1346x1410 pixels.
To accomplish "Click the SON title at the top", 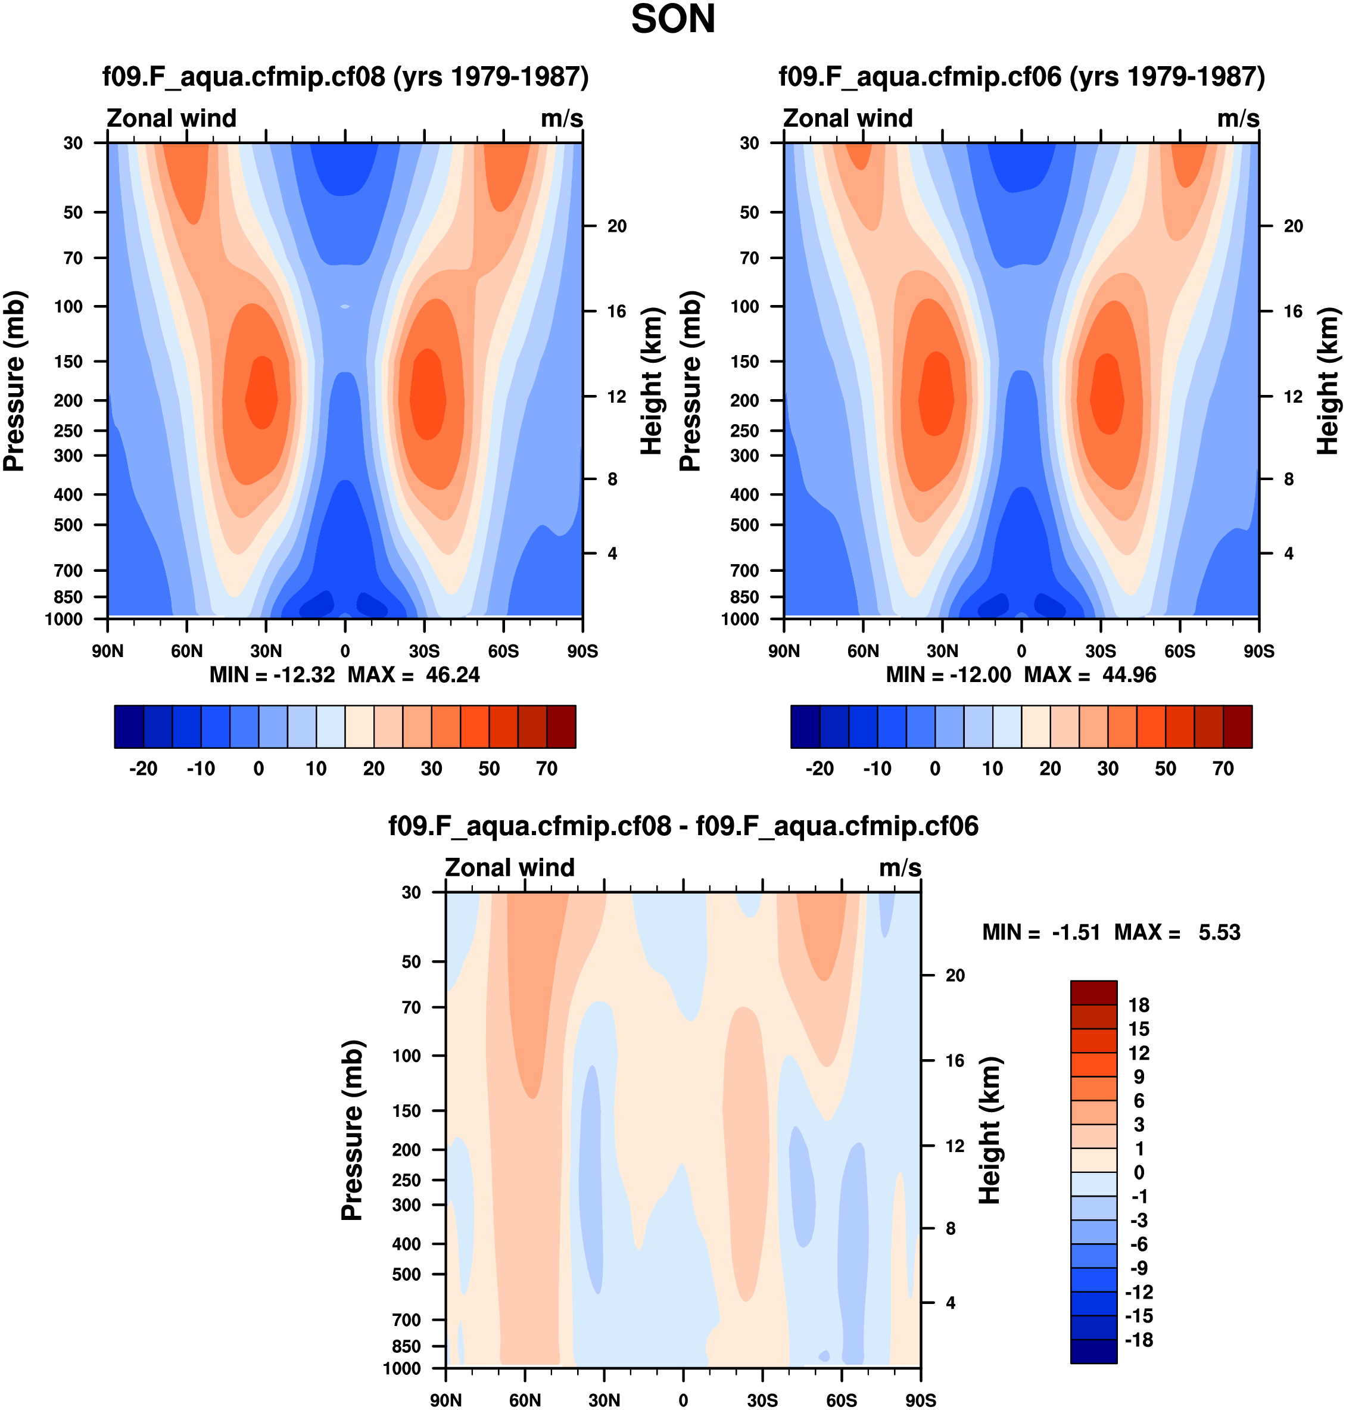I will [672, 20].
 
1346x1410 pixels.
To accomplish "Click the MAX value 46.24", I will [452, 676].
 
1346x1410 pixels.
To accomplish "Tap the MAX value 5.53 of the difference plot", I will [1219, 932].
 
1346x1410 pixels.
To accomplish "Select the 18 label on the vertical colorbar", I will [1139, 1006].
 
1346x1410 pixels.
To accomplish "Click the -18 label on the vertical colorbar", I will [1139, 1340].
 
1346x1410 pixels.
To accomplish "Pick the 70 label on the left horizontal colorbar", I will [547, 768].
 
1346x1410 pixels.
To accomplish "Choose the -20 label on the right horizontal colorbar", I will [820, 768].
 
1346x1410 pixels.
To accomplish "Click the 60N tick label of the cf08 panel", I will [186, 652].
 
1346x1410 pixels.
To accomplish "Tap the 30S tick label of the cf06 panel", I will [1101, 652].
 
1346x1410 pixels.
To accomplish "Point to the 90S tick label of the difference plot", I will [921, 1400].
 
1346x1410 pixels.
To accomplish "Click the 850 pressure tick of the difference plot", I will [406, 1346].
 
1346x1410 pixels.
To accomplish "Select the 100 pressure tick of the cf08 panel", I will [69, 306].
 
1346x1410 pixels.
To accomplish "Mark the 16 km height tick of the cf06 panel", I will [1293, 312].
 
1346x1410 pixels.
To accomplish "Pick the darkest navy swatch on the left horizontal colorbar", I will [129, 727].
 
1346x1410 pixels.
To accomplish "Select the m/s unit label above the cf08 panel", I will [562, 119].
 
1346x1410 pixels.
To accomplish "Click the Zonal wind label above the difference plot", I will [509, 867].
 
